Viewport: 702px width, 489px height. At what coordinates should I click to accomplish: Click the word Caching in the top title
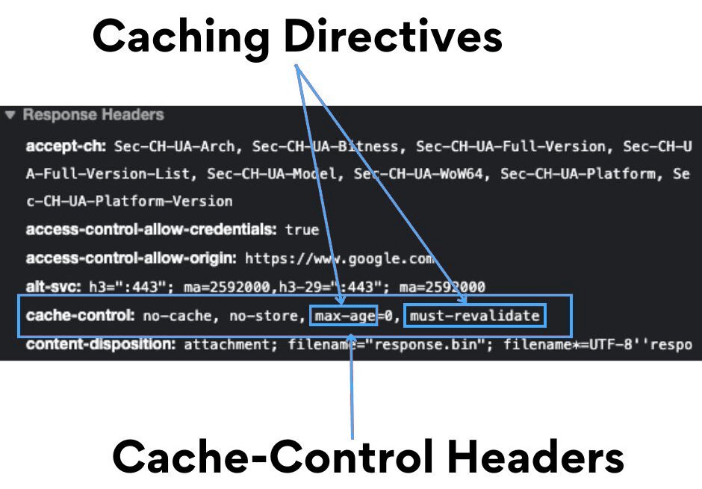(180, 36)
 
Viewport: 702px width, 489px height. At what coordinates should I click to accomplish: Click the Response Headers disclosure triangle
(10, 116)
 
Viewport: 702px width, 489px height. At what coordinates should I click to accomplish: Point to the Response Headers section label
(93, 115)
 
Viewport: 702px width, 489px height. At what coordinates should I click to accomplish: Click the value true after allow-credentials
(302, 230)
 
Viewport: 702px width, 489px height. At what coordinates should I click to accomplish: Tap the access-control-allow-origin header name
(131, 258)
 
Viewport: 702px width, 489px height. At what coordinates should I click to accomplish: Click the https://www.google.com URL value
(339, 258)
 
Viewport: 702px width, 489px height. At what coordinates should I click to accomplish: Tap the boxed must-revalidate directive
(474, 316)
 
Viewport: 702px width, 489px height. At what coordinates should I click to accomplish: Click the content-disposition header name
(101, 344)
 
